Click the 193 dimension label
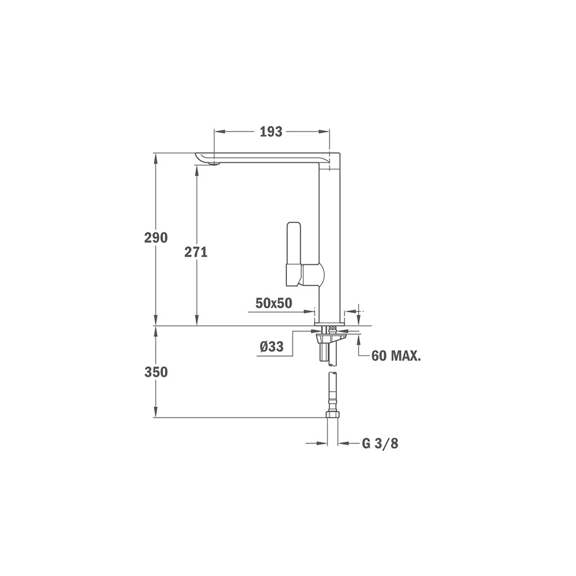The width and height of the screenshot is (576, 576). (x=271, y=132)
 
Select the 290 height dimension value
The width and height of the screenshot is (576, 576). (x=156, y=237)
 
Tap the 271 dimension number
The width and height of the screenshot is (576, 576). (x=196, y=252)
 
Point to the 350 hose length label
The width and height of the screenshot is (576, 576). (x=156, y=372)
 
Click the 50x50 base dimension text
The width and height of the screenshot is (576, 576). (x=274, y=304)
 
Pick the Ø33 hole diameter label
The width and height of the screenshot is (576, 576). (x=271, y=347)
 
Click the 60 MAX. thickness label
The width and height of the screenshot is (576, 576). (x=396, y=356)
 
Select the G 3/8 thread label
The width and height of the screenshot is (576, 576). (x=380, y=444)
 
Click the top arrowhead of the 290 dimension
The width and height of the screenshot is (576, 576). (x=156, y=157)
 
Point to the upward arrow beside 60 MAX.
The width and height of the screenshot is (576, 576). (x=359, y=339)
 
